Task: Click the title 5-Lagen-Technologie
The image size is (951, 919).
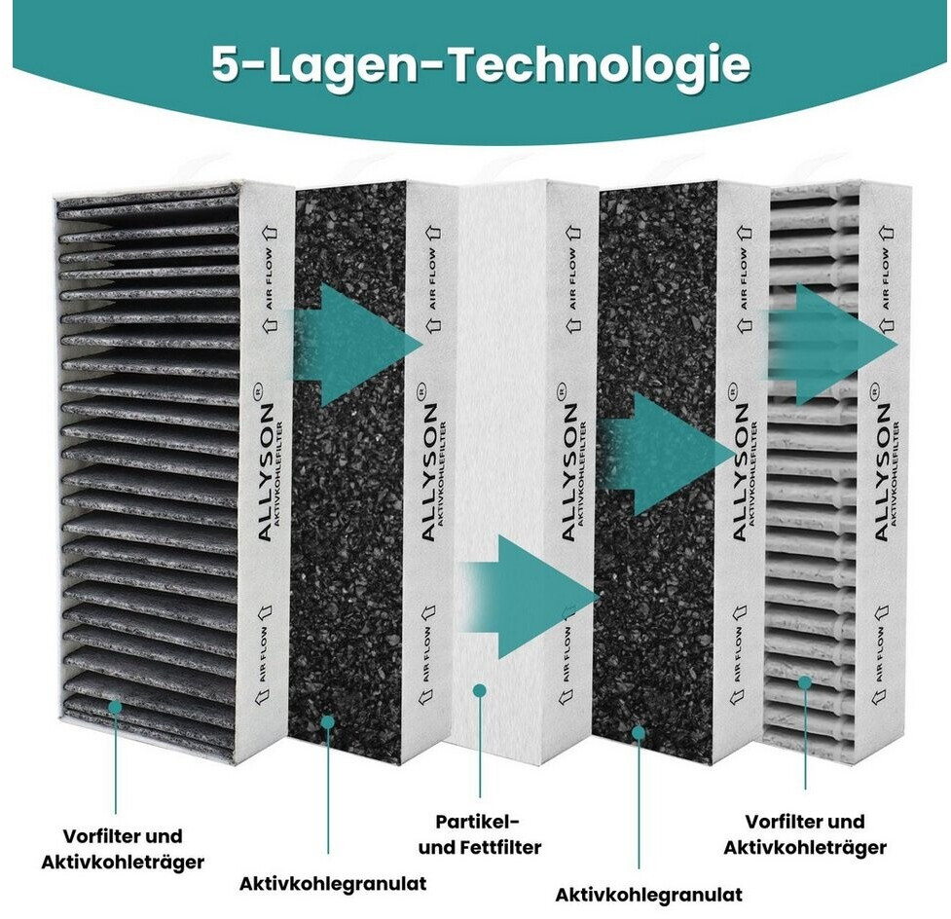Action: tap(481, 65)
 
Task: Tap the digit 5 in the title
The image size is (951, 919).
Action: tap(227, 65)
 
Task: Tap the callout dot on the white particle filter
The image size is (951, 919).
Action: tap(479, 690)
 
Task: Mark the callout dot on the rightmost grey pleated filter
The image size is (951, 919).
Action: tap(805, 682)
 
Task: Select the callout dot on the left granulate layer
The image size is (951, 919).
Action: tap(328, 721)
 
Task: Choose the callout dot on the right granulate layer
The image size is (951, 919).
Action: tap(640, 731)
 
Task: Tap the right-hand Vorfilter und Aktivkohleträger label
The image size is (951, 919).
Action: tap(805, 834)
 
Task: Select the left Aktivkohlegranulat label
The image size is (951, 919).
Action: tap(333, 883)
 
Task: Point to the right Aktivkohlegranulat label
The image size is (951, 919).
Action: tap(648, 894)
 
